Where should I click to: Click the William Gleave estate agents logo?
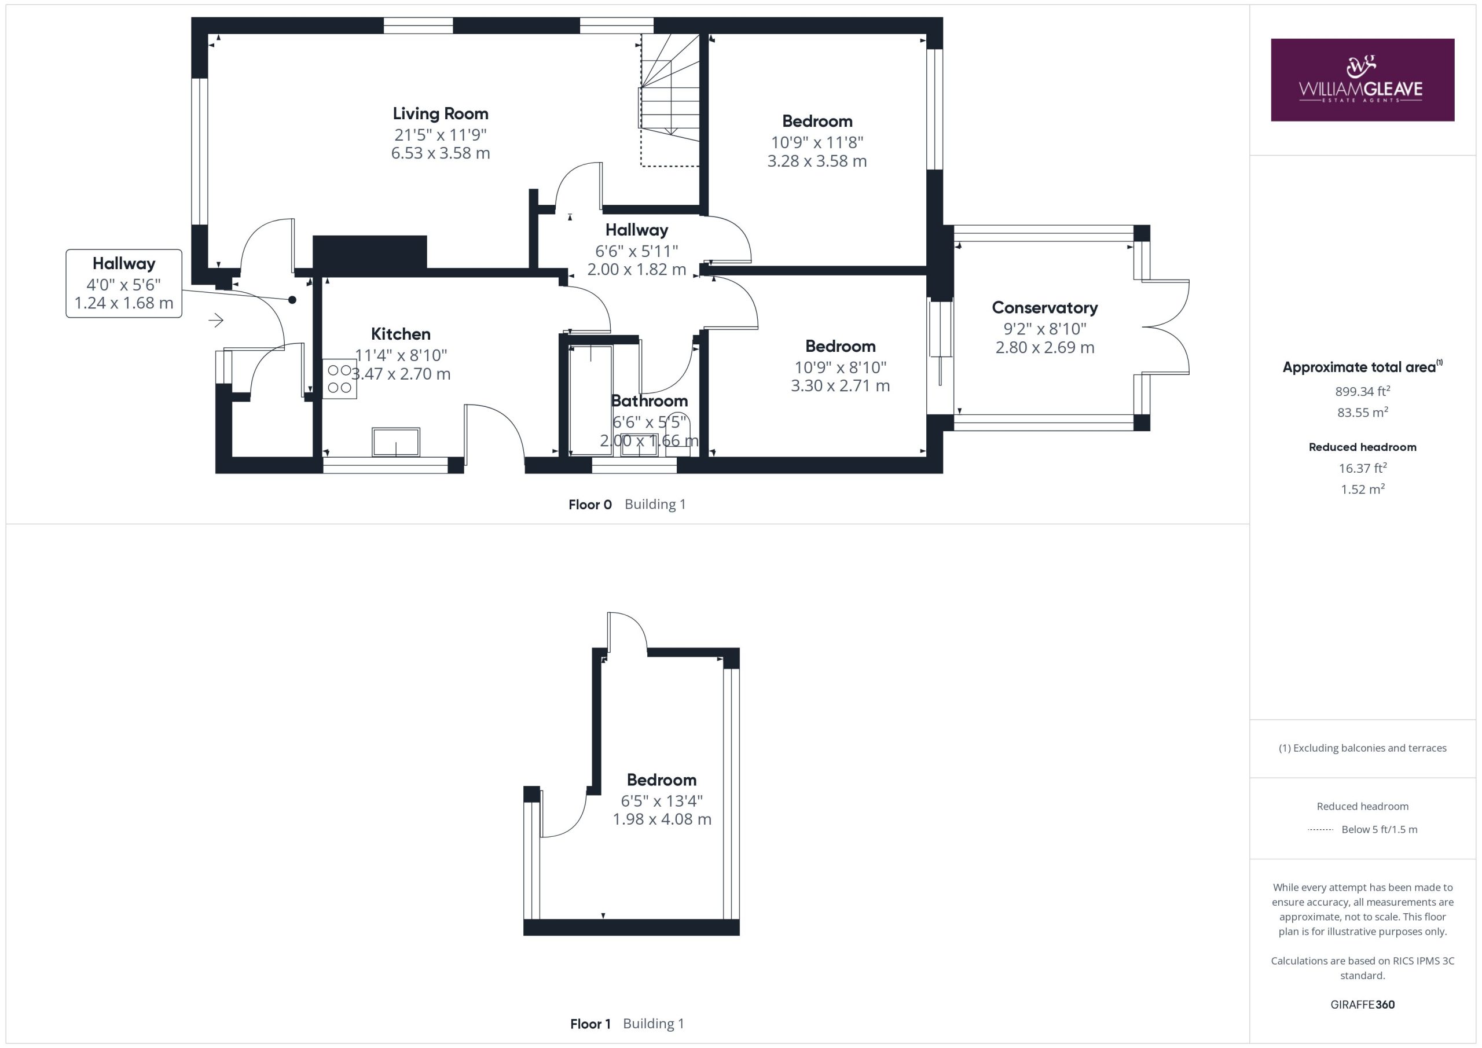pos(1362,80)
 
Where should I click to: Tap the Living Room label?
pos(441,113)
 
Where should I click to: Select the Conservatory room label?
pos(1044,308)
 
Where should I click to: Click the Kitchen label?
pos(401,334)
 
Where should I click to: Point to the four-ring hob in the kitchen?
pos(339,379)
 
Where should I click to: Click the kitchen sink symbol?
pos(395,442)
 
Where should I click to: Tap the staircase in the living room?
pos(670,100)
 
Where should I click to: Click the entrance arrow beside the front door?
pos(217,319)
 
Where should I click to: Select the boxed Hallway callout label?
pos(124,284)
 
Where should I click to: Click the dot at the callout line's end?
pos(292,299)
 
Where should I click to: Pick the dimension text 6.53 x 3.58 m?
pos(441,153)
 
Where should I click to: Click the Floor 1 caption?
pos(590,1024)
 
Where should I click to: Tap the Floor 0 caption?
pos(590,505)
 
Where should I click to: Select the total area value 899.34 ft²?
pos(1363,391)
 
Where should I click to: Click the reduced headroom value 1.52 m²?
pos(1363,489)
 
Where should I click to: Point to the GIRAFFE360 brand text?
pos(1363,1004)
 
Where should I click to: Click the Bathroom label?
pos(650,401)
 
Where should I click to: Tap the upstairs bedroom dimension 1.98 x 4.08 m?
pos(662,819)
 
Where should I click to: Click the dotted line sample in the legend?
pos(1320,830)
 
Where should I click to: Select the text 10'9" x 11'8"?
pos(817,142)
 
